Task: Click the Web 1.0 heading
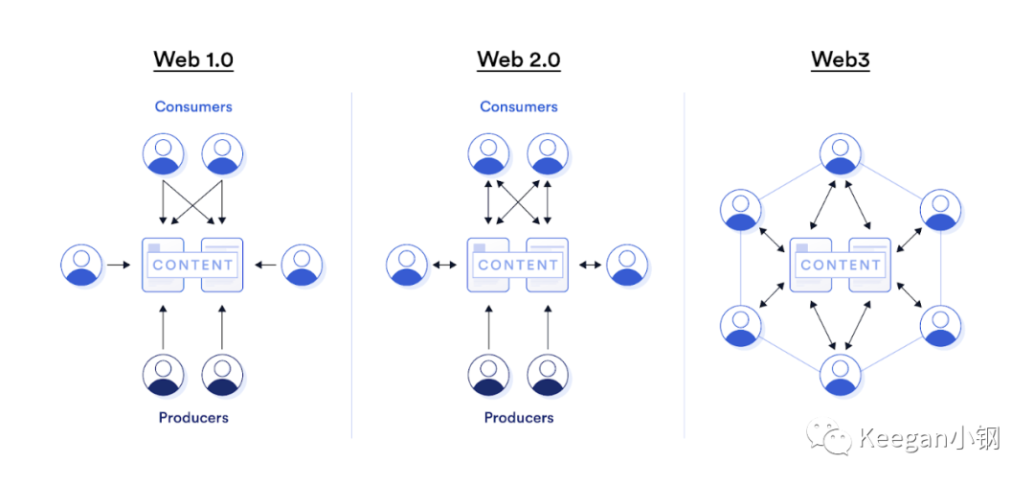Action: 193,59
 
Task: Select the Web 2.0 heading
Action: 518,59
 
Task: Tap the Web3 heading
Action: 841,59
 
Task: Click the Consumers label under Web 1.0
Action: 193,106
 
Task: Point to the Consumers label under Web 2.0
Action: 518,106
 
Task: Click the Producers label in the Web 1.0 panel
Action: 193,417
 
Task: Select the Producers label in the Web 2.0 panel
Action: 518,417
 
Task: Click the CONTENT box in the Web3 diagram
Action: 841,265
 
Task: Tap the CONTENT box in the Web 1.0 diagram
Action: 192,265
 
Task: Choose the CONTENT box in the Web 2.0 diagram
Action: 518,265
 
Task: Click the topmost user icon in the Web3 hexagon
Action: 841,154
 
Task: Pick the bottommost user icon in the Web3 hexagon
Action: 841,375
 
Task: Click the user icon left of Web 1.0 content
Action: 81,265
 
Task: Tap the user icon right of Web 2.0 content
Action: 627,265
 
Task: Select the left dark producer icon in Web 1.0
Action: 164,375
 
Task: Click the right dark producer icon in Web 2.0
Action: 548,375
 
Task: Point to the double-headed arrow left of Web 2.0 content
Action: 445,266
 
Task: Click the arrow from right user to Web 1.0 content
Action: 266,266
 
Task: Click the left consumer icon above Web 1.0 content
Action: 164,154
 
